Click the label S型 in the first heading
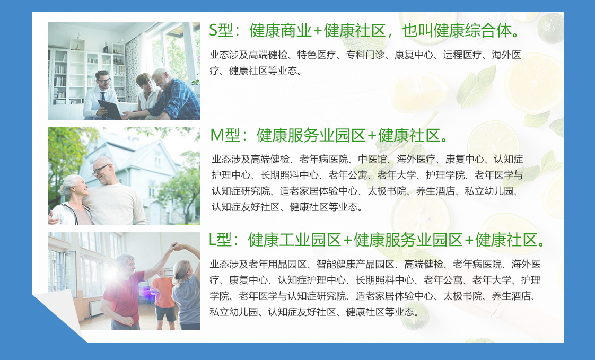(x=221, y=31)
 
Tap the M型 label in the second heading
(x=225, y=135)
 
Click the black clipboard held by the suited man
(x=110, y=109)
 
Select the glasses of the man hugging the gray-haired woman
(x=101, y=169)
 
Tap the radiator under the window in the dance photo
(x=95, y=308)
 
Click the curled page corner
(x=60, y=311)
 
